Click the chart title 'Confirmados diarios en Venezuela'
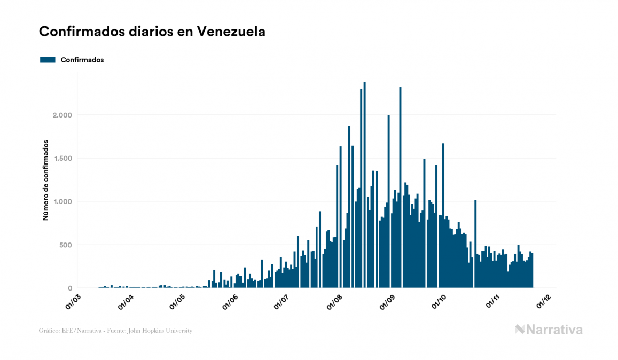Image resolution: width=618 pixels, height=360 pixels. click(152, 32)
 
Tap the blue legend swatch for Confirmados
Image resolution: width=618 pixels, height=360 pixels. click(48, 60)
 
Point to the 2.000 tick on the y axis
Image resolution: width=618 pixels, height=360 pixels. click(59, 115)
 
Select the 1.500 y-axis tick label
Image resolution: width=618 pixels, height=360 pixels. click(59, 159)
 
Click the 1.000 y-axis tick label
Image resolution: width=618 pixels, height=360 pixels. click(59, 202)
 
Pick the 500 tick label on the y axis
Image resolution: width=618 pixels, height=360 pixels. click(63, 245)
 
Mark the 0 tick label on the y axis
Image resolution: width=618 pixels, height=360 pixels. click(68, 288)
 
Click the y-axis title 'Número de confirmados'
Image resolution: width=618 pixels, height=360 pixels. click(46, 181)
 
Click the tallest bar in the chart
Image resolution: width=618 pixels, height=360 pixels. click(364, 187)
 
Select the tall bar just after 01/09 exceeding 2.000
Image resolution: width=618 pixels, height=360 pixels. click(400, 187)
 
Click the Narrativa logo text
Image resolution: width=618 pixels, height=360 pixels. click(554, 330)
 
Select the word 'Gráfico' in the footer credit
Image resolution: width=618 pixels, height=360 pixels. click(49, 331)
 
